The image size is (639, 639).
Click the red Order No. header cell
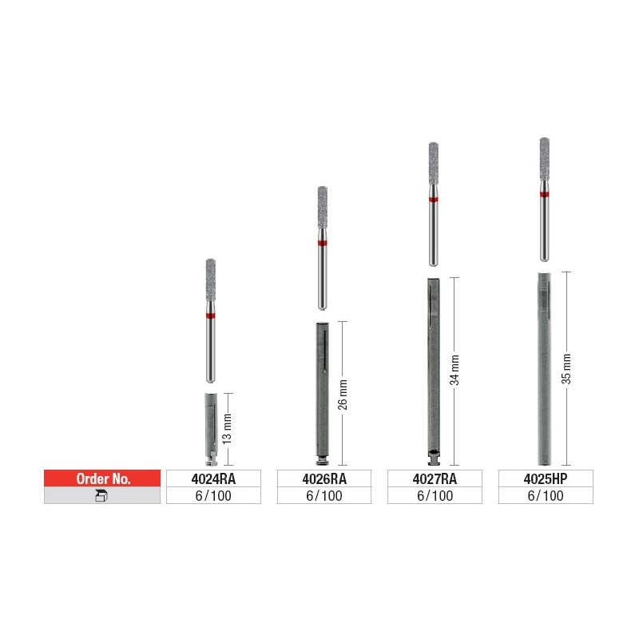pyautogui.click(x=102, y=478)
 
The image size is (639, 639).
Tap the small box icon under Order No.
pyautogui.click(x=101, y=495)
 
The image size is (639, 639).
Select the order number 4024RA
pyautogui.click(x=213, y=478)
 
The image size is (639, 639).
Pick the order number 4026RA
pyautogui.click(x=324, y=478)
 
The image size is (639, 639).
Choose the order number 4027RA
pyautogui.click(x=435, y=478)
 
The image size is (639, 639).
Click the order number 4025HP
pyautogui.click(x=546, y=478)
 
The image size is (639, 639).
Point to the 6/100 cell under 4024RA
pyautogui.click(x=213, y=495)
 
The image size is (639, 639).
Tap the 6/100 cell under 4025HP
pyautogui.click(x=546, y=495)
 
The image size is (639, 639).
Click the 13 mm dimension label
pyautogui.click(x=227, y=429)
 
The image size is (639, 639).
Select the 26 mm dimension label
pyautogui.click(x=343, y=395)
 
